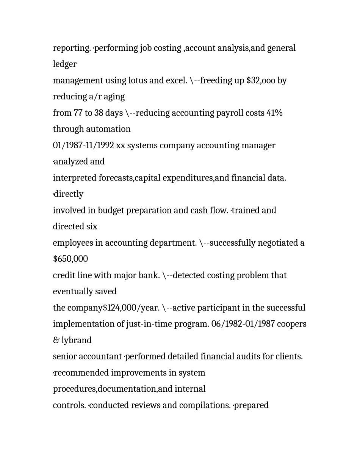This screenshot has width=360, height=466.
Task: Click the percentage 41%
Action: tap(274, 113)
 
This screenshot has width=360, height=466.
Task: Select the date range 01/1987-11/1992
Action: tap(83, 146)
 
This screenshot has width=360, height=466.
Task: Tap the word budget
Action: tap(111, 210)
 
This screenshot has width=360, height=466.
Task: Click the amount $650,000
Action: tap(70, 259)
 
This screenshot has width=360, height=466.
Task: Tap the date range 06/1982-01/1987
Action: tap(243, 324)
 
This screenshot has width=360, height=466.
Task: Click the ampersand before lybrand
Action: tap(56, 340)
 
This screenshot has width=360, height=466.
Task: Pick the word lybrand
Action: tap(76, 340)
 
